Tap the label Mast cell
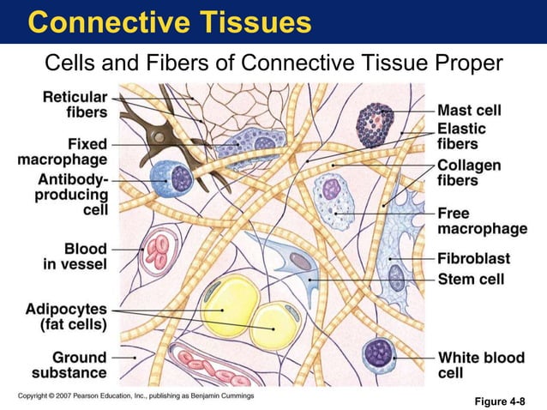coord(469,111)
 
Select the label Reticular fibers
coord(75,104)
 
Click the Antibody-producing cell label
coord(72,194)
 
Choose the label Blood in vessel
coord(75,256)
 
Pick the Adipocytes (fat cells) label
coord(66,316)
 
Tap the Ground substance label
coord(69,365)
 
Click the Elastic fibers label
coord(461,136)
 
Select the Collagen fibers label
coord(469,172)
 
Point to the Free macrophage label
coord(482,220)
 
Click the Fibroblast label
coord(473,258)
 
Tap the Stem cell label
coord(471,279)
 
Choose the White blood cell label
coord(482,365)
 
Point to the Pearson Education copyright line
coord(136,395)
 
